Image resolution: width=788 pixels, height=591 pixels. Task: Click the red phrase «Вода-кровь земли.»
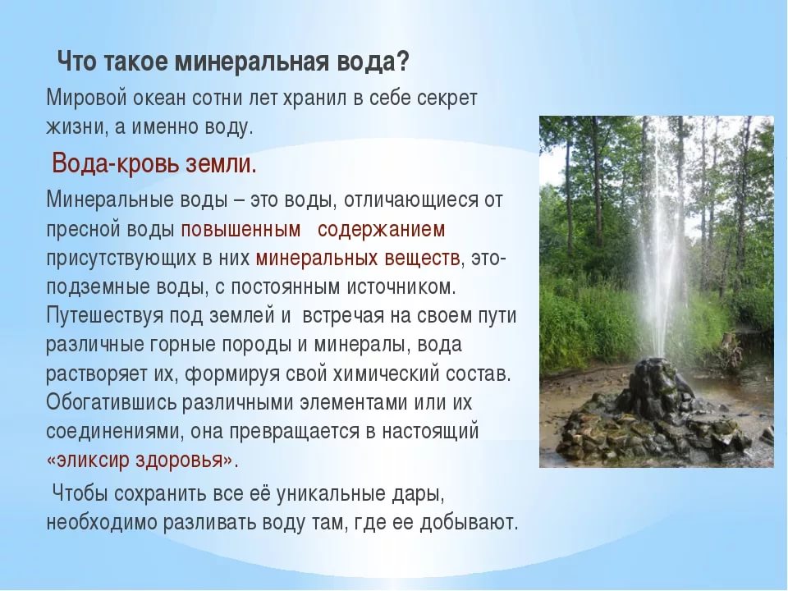coord(154,163)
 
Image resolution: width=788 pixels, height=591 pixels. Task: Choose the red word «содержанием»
coord(381,228)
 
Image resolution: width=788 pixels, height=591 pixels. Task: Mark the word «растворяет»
coord(93,374)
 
